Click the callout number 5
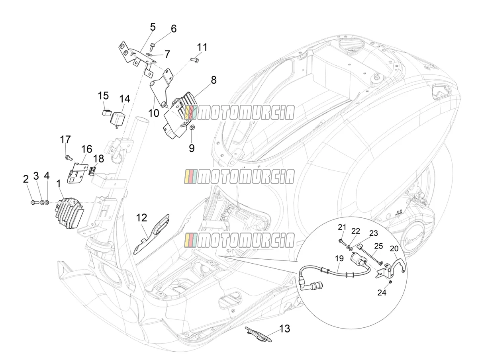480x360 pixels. point(153,27)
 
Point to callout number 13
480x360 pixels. point(285,328)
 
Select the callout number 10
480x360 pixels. point(153,113)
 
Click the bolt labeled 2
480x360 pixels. point(34,202)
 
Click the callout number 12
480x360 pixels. point(141,218)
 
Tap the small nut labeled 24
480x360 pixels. point(390,282)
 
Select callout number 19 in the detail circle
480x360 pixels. point(339,258)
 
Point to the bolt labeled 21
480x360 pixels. point(342,242)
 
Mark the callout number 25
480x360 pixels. point(378,246)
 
